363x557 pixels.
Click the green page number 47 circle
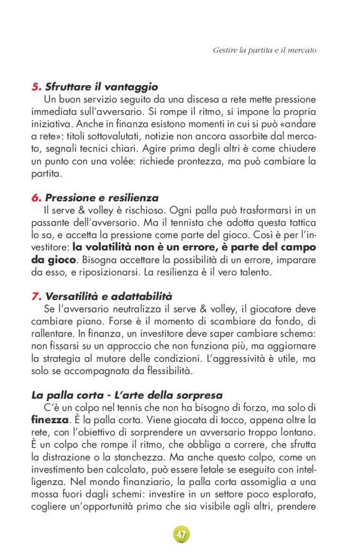181,534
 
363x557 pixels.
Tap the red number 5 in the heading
35,87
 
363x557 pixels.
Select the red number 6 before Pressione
35,198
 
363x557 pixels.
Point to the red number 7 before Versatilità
35,296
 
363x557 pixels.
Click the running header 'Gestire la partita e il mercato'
264,49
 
